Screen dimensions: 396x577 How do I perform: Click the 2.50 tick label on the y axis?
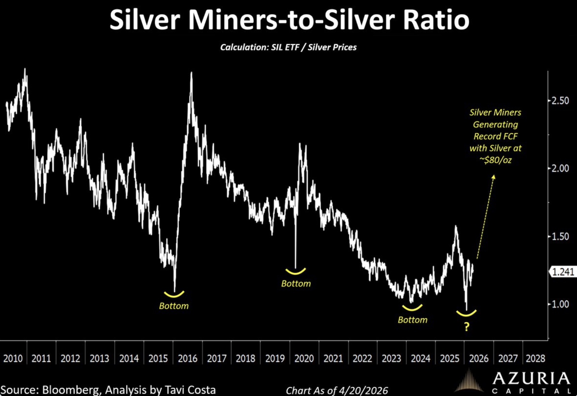tap(560, 101)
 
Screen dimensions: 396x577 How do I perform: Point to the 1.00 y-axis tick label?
tap(560, 304)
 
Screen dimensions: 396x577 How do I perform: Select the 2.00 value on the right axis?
tap(560, 168)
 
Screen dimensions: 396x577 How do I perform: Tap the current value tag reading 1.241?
tap(563, 272)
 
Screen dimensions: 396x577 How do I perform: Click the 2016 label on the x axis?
tap(187, 358)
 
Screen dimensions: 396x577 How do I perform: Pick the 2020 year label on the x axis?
tap(304, 358)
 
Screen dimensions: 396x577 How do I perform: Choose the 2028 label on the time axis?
tap(535, 358)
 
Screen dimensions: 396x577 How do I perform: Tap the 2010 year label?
tap(13, 358)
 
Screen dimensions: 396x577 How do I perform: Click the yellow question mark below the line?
tap(466, 327)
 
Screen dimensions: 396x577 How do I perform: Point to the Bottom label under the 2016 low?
tap(174, 306)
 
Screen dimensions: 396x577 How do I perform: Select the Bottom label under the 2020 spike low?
tap(296, 283)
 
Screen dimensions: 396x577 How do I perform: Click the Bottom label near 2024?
tap(413, 320)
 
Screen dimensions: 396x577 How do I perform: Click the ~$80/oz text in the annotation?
tap(495, 160)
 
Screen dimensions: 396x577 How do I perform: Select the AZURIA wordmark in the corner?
tap(531, 378)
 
